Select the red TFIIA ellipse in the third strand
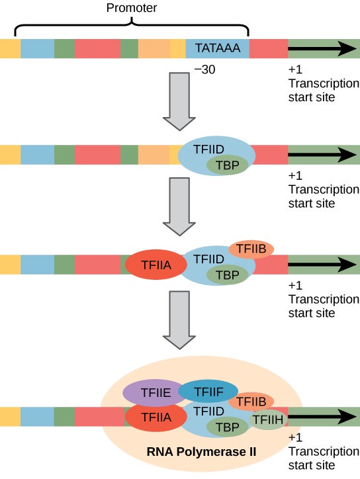154,265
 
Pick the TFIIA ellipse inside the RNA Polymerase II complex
154,417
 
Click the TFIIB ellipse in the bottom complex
251,401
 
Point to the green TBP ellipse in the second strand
227,165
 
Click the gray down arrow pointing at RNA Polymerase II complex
179,320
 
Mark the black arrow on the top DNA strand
322,49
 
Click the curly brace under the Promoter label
132,26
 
